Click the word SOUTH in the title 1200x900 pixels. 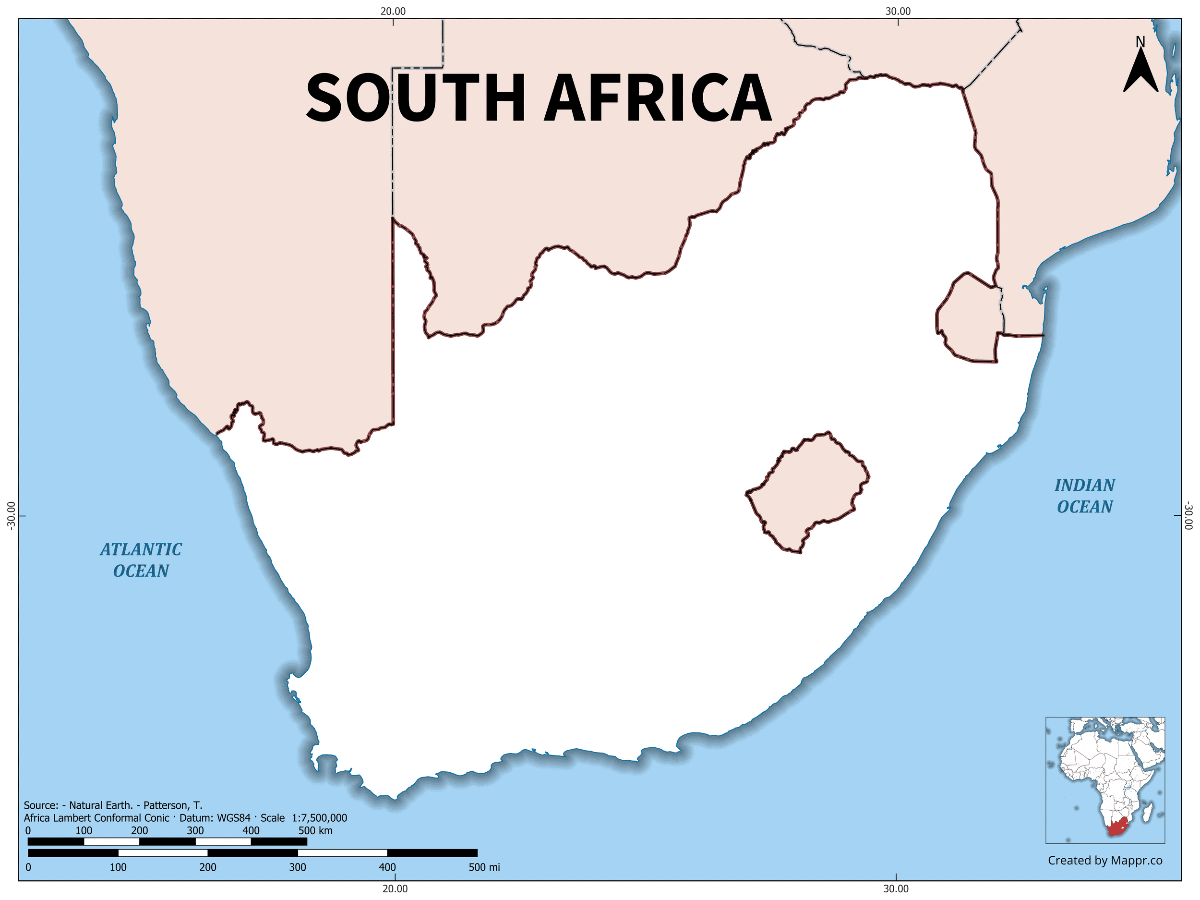tap(416, 97)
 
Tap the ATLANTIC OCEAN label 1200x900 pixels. tap(141, 560)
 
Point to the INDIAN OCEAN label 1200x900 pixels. tap(1084, 496)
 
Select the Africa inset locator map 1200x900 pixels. tap(1105, 780)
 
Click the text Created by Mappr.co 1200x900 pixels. tap(1105, 860)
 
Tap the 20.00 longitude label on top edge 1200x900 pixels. tap(393, 11)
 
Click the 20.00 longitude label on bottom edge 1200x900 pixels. tap(395, 888)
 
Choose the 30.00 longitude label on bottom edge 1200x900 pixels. tap(896, 888)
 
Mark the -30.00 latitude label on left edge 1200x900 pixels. tap(10, 516)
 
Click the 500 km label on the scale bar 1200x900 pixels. tap(315, 830)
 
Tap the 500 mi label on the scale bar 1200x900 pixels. tap(484, 867)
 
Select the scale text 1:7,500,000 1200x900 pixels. tap(320, 818)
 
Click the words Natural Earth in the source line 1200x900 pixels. tap(100, 805)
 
